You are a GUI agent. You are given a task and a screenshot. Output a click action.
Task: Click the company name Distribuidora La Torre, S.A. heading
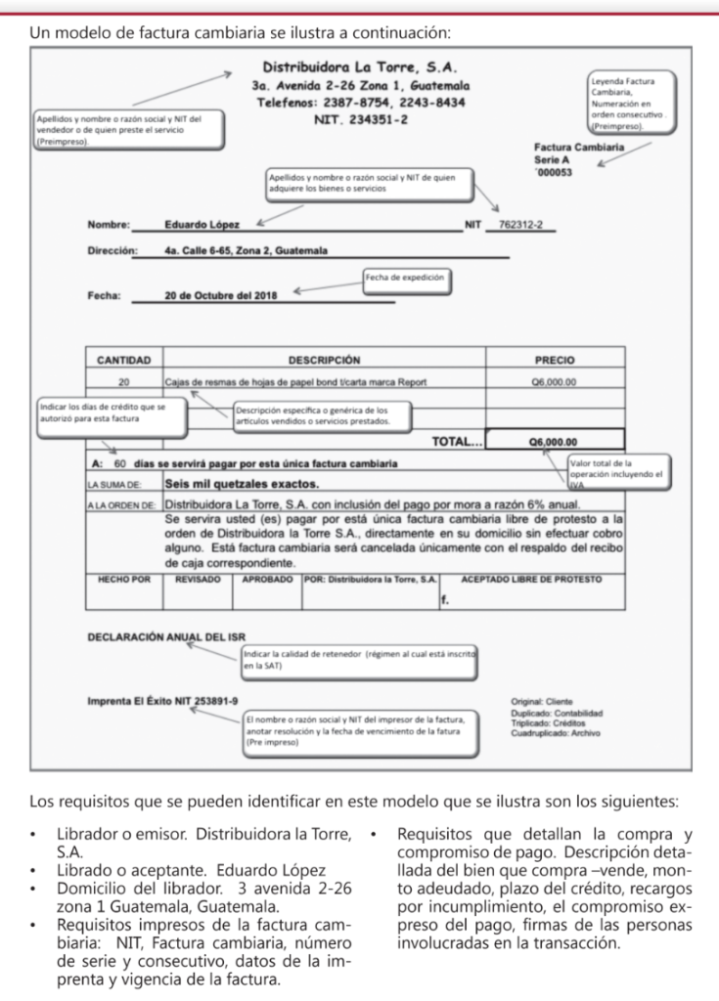(361, 68)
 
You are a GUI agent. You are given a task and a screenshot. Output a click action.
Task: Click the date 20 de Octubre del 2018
(222, 294)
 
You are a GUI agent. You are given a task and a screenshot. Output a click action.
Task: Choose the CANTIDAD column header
(123, 360)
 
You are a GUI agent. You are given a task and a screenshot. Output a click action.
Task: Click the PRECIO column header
(554, 360)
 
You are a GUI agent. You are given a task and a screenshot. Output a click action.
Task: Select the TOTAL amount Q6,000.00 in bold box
(554, 442)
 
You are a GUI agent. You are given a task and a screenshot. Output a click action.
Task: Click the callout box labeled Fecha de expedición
(405, 278)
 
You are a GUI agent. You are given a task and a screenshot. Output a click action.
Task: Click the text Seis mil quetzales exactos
(242, 484)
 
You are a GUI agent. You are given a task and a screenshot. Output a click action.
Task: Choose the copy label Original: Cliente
(542, 701)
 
